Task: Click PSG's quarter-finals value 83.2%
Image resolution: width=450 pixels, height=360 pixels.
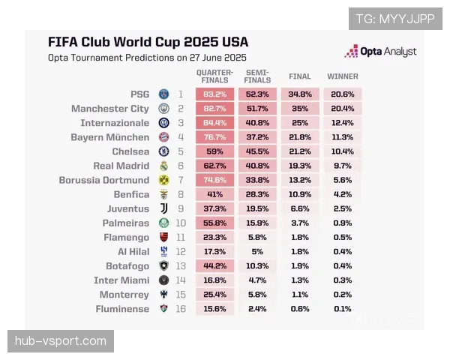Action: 214,94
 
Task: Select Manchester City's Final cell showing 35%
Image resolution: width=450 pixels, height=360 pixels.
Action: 300,109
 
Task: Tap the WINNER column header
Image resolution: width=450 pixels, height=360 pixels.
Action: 343,76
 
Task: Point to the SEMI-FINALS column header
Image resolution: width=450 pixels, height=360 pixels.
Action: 257,76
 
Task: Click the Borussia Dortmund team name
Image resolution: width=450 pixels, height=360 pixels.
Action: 104,180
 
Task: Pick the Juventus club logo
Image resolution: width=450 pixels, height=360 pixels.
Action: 163,208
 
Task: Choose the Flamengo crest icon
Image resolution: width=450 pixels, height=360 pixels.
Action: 163,238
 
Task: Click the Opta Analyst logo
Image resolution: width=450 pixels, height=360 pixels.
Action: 380,51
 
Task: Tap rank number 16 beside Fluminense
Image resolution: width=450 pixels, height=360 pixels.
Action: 181,309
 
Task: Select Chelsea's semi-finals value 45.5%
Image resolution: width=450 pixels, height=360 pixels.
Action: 257,151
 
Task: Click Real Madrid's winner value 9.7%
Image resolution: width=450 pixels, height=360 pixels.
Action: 343,166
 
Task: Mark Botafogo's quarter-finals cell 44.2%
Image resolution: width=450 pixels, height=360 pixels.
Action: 214,265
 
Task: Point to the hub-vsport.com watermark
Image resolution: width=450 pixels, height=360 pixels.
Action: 61,341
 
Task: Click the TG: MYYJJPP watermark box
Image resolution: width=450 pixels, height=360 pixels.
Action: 395,19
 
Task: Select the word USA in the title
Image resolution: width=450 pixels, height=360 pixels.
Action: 235,42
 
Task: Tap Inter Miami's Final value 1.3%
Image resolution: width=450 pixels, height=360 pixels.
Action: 300,280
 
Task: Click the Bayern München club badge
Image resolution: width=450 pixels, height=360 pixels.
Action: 163,137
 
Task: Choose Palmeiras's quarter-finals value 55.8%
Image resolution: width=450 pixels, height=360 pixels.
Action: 214,223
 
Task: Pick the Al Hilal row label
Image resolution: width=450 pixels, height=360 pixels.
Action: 133,252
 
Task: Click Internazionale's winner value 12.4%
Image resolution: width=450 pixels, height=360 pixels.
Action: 343,123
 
